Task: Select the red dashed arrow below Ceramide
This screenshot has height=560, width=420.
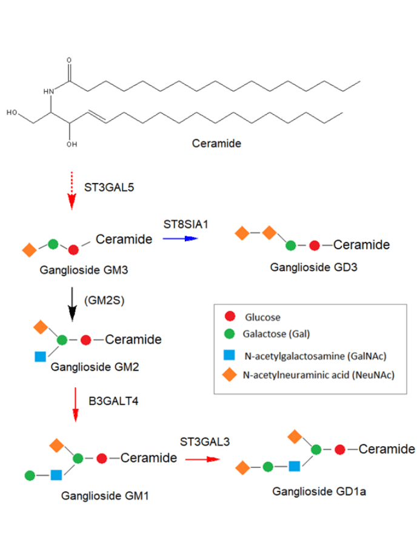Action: pyautogui.click(x=72, y=192)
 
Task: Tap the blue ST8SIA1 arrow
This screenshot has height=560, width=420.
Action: pyautogui.click(x=180, y=239)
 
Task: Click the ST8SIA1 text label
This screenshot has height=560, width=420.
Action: pyautogui.click(x=185, y=224)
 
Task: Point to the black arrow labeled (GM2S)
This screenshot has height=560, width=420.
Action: pyautogui.click(x=72, y=303)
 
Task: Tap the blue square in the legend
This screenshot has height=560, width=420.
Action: pyautogui.click(x=230, y=356)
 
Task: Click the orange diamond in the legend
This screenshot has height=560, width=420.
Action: pyautogui.click(x=230, y=375)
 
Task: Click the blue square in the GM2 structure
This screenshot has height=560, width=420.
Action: pyautogui.click(x=41, y=357)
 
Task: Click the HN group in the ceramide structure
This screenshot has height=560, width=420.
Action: pyautogui.click(x=49, y=92)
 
